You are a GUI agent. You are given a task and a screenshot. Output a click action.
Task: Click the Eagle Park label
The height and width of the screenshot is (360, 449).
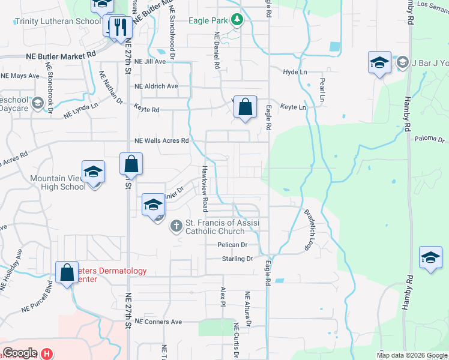208,20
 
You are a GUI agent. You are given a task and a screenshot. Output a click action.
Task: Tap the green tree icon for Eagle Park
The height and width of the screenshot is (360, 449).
237,20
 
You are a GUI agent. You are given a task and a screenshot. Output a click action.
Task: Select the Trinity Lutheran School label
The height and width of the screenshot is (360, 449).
58,21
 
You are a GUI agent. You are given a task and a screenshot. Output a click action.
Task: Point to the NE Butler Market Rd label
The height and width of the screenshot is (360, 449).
61,54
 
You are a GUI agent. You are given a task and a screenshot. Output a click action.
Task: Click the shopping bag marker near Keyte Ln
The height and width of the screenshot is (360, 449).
245,108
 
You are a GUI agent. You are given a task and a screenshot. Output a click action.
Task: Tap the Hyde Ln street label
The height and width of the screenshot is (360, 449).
295,72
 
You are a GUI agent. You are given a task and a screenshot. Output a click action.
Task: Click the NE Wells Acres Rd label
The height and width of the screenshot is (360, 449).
161,141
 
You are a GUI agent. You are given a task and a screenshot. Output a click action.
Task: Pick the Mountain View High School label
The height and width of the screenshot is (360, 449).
58,182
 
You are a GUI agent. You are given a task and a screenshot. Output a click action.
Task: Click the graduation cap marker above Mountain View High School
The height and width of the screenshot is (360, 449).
93,173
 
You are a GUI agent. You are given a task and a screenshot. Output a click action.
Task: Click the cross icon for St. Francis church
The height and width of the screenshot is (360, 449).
176,226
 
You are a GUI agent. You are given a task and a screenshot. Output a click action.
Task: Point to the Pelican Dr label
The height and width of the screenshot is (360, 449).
233,245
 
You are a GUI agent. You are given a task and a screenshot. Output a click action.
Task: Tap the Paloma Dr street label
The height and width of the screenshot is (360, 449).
430,140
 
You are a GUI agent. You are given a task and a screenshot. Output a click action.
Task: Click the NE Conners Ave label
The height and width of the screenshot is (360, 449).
158,322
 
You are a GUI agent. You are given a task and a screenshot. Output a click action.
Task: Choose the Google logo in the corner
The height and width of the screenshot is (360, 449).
19,353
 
